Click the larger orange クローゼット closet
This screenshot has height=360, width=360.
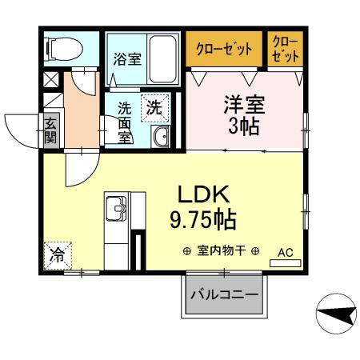click(223, 48)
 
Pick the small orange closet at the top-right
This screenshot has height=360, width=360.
click(285, 48)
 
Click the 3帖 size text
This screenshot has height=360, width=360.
click(244, 126)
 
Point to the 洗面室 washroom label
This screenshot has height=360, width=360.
click(124, 120)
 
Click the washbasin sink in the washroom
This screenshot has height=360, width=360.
click(160, 137)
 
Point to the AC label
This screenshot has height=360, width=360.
click(285, 253)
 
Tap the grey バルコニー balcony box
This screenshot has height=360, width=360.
click(223, 295)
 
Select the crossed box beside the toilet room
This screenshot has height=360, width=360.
click(50, 81)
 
